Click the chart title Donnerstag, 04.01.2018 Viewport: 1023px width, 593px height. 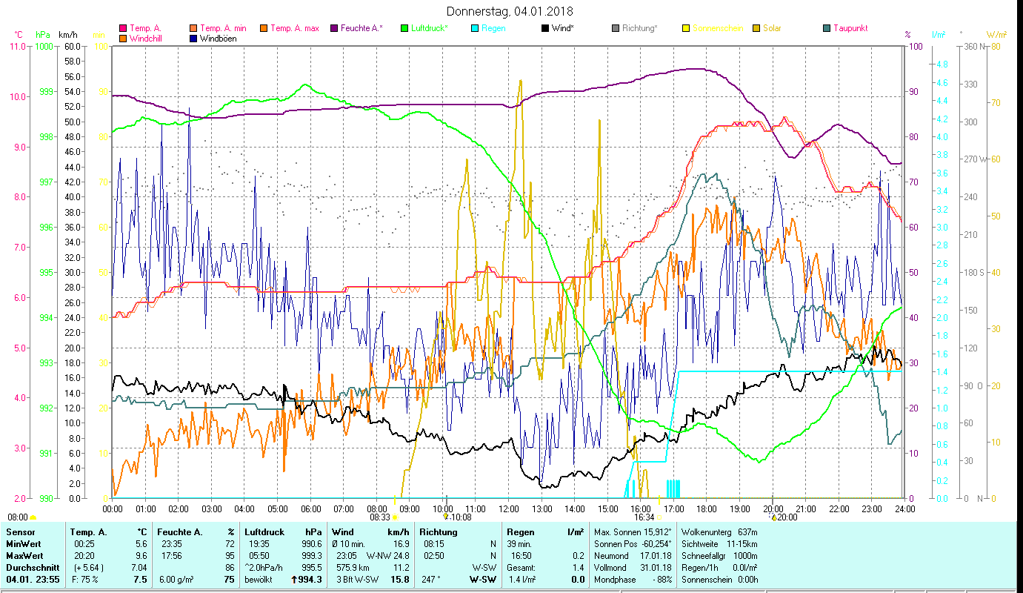click(510, 11)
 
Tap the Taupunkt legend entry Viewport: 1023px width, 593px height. click(850, 28)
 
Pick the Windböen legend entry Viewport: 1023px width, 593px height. click(219, 38)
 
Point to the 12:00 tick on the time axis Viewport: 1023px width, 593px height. click(509, 508)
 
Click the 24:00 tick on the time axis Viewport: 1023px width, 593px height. click(904, 508)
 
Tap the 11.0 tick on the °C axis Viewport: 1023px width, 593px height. click(17, 46)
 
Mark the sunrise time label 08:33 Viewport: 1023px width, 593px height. click(378, 517)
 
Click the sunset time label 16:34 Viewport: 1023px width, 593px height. click(643, 517)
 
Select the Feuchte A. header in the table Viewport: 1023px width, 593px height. click(179, 531)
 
